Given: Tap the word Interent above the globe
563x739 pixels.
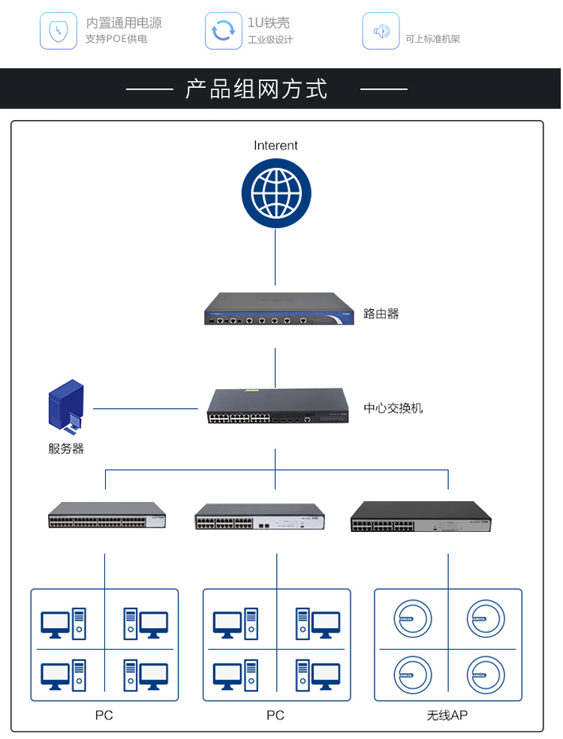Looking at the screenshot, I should (x=275, y=146).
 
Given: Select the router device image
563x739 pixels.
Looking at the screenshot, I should (x=278, y=309).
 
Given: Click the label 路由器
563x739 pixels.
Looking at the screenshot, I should (x=381, y=314).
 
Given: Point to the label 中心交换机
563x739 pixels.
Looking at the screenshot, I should (x=393, y=408).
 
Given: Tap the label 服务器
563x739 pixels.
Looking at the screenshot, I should (x=66, y=449).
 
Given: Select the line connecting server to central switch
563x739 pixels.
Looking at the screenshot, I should (x=146, y=409).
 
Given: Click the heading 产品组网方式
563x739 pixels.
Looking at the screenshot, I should (x=257, y=89).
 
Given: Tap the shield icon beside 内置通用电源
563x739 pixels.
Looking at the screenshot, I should (x=59, y=31).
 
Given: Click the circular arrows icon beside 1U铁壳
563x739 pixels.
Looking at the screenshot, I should (x=223, y=31).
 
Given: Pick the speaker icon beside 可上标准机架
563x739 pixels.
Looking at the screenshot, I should (x=381, y=31).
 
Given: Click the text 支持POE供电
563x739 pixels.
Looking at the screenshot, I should (x=116, y=39).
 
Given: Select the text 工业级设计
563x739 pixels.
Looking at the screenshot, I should (x=270, y=40).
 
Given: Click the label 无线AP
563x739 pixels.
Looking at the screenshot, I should (x=447, y=715).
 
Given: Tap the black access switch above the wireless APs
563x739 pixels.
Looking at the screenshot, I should (x=420, y=517).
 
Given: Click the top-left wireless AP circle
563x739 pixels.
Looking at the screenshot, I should (x=413, y=618).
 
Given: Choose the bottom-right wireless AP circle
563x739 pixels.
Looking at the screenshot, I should (x=484, y=673).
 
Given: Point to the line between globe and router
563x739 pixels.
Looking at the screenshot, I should (x=275, y=259).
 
